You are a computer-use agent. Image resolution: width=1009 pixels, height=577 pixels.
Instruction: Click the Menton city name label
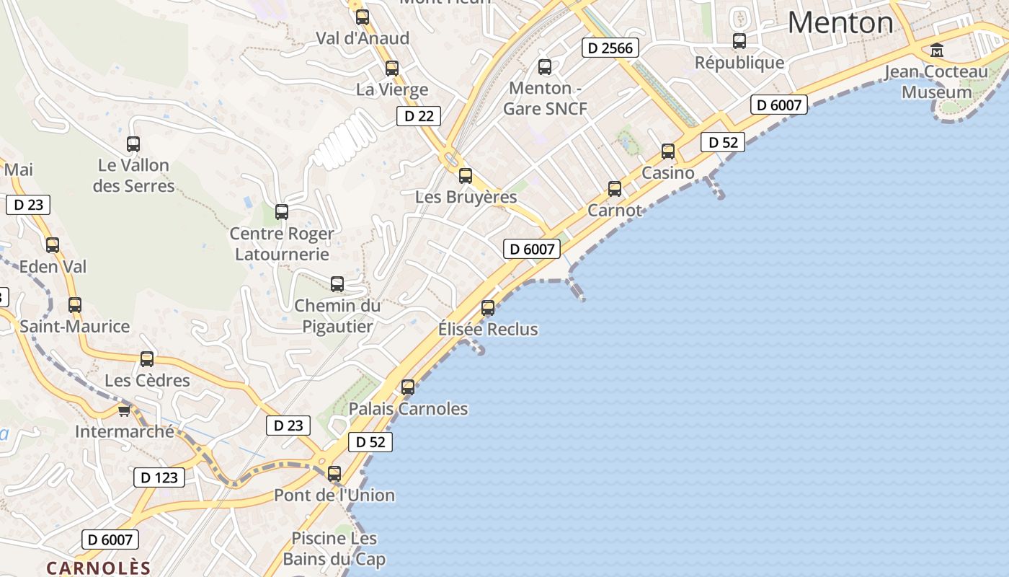(840, 22)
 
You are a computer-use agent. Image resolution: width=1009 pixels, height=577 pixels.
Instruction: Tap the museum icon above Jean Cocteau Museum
(937, 50)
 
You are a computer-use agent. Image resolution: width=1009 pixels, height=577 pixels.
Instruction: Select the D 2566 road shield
(610, 48)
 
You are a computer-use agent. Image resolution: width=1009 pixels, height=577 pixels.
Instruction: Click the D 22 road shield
(418, 115)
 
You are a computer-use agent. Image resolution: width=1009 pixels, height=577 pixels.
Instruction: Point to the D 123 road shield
(159, 477)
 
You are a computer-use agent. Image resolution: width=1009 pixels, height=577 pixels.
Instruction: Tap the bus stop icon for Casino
(668, 151)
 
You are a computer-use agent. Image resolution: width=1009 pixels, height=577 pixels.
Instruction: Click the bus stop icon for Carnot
(614, 189)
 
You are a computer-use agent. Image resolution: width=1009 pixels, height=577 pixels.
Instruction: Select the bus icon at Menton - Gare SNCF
(545, 67)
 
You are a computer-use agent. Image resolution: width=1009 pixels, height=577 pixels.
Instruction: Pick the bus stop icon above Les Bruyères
(466, 175)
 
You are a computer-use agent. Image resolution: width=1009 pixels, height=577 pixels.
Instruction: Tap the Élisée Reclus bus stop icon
(488, 308)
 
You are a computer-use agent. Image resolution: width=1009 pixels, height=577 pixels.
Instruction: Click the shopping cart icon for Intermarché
(124, 410)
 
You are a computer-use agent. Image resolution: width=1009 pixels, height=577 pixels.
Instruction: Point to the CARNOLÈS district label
(99, 568)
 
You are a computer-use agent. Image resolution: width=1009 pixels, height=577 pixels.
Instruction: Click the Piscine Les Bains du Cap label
(334, 549)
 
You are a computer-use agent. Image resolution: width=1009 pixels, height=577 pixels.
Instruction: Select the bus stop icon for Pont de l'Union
(334, 474)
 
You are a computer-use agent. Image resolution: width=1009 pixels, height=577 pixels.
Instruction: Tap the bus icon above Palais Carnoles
(408, 387)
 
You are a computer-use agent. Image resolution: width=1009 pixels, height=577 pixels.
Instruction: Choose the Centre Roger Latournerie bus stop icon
(282, 212)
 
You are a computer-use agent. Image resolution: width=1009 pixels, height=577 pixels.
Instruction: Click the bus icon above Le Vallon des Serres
(133, 144)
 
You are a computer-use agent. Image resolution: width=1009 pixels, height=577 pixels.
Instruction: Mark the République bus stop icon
(739, 41)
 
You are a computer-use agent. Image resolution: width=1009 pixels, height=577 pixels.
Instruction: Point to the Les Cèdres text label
(147, 380)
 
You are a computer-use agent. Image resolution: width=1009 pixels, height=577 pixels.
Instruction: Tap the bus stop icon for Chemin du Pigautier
(337, 284)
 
